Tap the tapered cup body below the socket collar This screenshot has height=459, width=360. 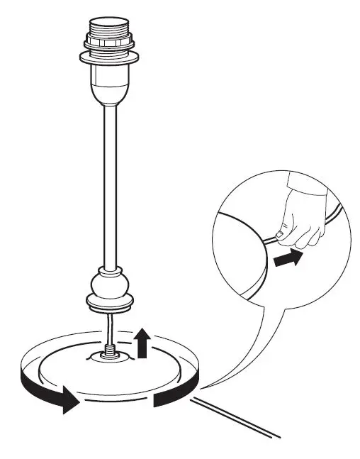tap(109, 82)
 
